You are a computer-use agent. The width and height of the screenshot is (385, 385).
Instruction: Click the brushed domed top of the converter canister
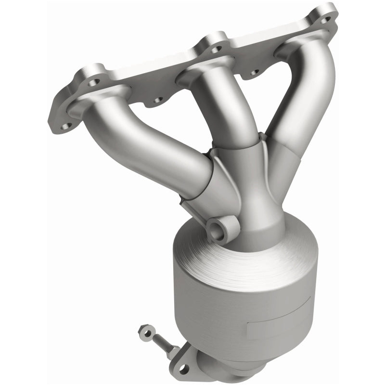coord(231,269)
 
